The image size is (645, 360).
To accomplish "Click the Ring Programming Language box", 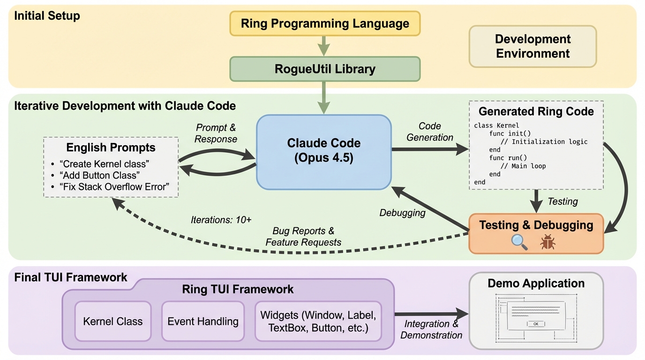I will click(x=325, y=23).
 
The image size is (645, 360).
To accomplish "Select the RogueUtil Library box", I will click(x=325, y=69).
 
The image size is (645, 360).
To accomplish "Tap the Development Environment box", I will click(x=532, y=46).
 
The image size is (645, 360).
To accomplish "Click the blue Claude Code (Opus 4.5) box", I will click(x=323, y=150).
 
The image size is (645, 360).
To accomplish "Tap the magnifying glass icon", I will click(x=519, y=241).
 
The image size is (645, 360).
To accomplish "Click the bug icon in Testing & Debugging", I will click(x=547, y=242).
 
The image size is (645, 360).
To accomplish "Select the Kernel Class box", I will click(x=113, y=322).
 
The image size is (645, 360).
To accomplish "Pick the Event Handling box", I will click(x=203, y=322).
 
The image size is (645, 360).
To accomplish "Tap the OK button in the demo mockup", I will click(x=536, y=324).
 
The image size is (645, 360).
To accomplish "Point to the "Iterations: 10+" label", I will click(x=221, y=219).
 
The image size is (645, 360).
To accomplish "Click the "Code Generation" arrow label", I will click(x=430, y=132).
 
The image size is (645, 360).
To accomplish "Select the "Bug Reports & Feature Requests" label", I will click(x=303, y=237).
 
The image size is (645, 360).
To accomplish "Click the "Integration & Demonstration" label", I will click(x=431, y=330).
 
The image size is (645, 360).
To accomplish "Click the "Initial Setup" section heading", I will click(x=47, y=16).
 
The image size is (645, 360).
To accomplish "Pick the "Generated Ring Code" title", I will click(x=536, y=112).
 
